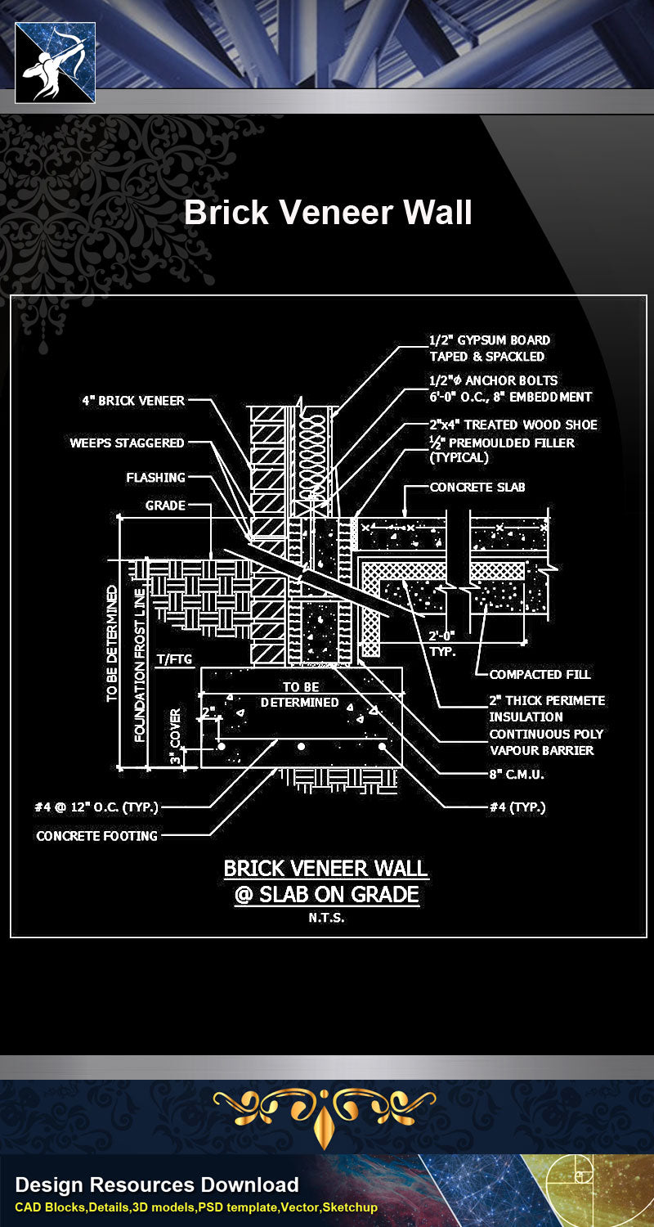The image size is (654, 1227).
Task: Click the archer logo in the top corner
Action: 56,63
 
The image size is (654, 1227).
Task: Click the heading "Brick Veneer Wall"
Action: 328,213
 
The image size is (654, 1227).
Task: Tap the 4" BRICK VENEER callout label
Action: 133,401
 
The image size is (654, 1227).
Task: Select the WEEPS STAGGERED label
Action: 127,443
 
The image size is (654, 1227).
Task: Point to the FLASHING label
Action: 155,477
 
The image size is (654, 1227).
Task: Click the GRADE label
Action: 165,506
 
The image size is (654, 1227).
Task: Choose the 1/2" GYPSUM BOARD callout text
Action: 490,348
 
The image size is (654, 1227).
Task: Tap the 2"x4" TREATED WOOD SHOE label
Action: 513,425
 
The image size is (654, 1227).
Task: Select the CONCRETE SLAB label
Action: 477,487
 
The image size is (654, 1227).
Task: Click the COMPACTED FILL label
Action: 540,674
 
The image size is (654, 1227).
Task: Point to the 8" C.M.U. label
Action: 517,774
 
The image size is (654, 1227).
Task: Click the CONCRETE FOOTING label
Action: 97,836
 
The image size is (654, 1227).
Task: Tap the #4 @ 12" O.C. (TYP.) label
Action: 96,807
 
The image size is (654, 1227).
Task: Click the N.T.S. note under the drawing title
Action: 326,918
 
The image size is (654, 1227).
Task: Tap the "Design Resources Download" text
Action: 157,1184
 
